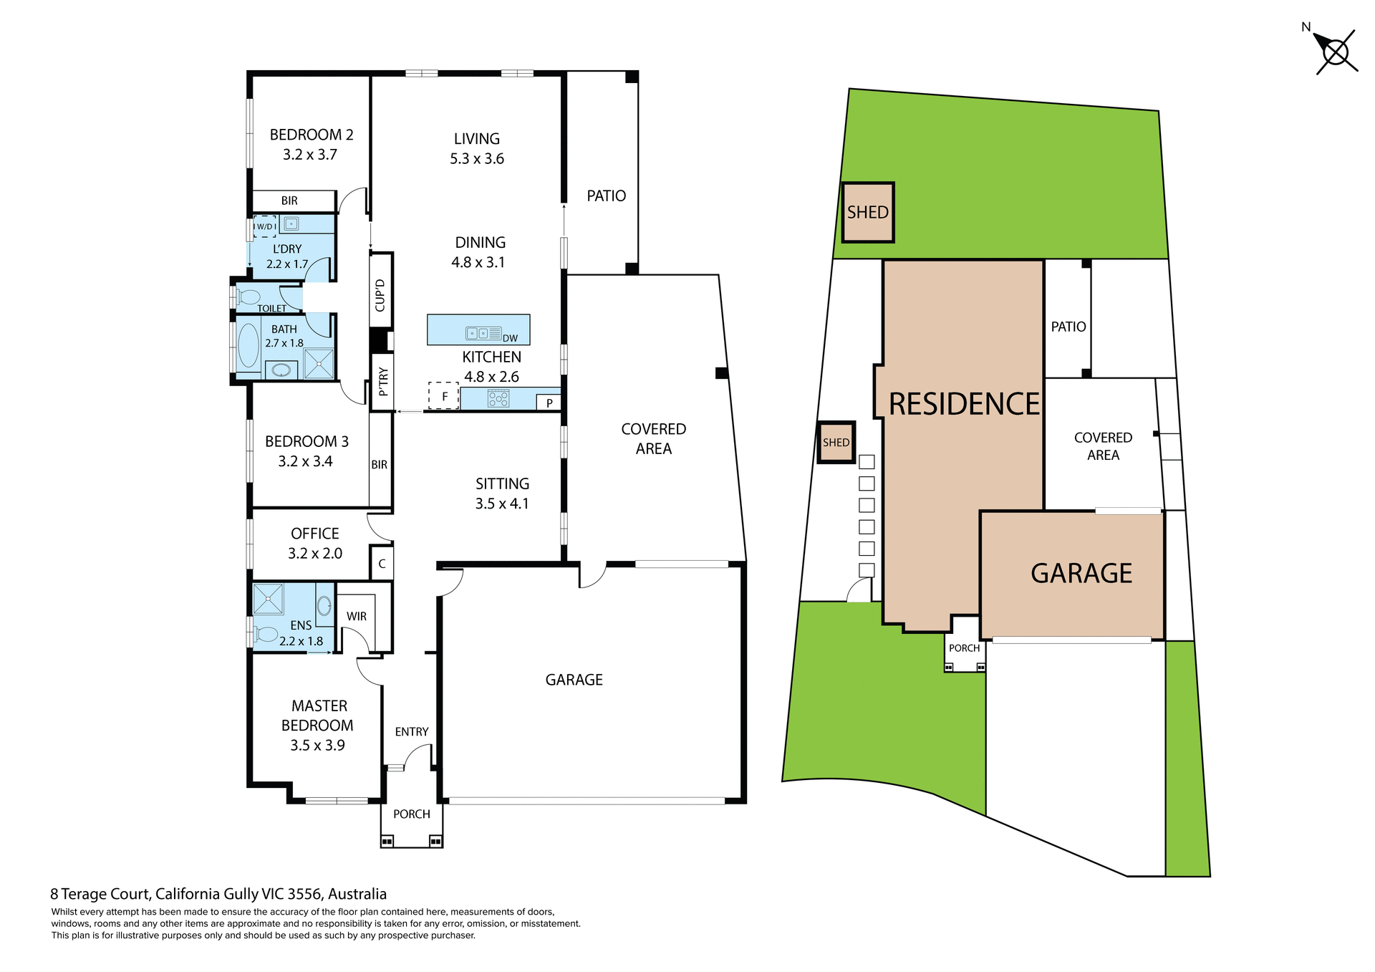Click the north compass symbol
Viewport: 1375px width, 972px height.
1335,52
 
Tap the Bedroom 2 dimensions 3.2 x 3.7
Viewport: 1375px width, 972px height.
309,155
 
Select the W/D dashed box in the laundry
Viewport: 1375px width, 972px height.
265,226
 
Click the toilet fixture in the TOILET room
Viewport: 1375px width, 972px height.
249,297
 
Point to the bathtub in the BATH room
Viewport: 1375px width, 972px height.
249,345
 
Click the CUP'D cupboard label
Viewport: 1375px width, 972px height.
380,295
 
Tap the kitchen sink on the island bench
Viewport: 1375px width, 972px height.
483,333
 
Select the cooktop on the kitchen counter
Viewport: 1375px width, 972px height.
498,398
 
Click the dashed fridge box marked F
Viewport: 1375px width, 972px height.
444,395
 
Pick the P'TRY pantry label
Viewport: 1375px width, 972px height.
383,381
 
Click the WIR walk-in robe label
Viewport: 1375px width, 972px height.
357,616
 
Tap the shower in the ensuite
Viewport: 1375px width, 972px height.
269,599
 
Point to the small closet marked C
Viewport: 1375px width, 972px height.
382,564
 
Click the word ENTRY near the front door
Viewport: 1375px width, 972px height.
412,731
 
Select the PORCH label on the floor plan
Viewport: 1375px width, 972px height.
412,814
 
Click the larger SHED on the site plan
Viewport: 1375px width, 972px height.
868,213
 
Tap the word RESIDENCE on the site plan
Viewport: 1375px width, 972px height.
964,404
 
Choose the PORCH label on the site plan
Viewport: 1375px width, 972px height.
964,648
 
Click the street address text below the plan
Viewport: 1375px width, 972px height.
218,894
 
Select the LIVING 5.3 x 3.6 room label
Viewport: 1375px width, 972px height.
477,148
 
